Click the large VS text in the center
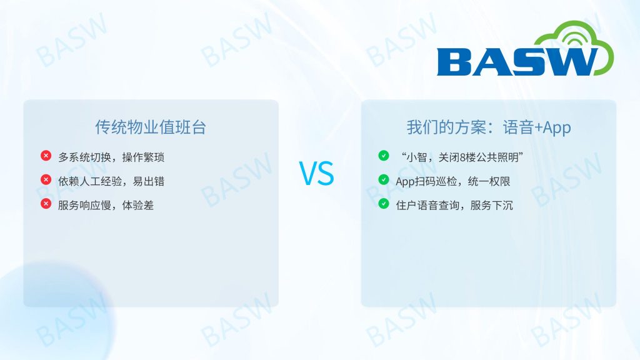(317, 173)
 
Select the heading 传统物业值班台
(151, 127)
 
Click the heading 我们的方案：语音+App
(489, 127)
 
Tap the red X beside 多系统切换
(46, 156)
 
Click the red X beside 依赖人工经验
(46, 179)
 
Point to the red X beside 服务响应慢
(46, 204)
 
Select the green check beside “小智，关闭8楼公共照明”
(384, 156)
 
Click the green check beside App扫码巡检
(384, 179)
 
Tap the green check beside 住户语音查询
(384, 204)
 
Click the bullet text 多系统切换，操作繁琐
(111, 157)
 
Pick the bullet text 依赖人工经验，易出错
(111, 181)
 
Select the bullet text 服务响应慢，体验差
(106, 205)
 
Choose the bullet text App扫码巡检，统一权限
(453, 181)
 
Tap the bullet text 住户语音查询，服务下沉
(454, 205)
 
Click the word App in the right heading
(557, 128)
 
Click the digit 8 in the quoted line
(462, 157)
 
